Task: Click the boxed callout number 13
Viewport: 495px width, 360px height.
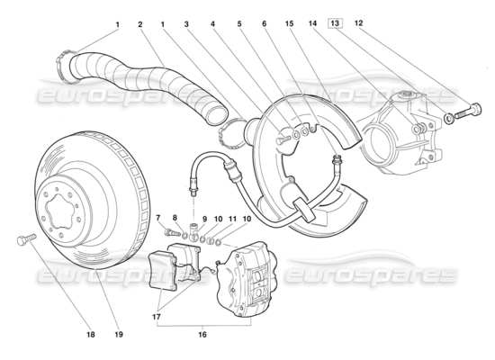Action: (x=336, y=22)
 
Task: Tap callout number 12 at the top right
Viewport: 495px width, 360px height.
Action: (x=358, y=22)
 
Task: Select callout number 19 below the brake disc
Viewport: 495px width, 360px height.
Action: (x=119, y=335)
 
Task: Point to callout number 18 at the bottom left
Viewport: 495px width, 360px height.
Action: (x=91, y=335)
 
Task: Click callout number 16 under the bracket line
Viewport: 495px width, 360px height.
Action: (x=202, y=335)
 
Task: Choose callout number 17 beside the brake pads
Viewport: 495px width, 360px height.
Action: (x=157, y=317)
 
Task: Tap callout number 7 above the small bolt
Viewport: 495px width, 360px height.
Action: (x=158, y=217)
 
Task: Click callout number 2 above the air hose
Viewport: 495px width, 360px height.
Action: (x=140, y=24)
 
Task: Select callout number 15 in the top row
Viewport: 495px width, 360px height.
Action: (x=289, y=23)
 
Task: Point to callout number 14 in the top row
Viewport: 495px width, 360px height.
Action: (x=312, y=23)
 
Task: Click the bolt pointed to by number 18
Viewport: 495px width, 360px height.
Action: (x=26, y=239)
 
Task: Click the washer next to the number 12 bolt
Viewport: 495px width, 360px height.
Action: (x=448, y=119)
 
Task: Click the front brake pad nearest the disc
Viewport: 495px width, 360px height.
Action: (x=163, y=271)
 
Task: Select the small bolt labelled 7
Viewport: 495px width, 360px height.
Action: (x=172, y=233)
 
